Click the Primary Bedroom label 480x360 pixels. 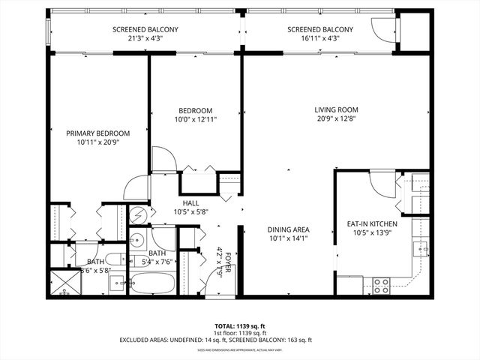coord(99,133)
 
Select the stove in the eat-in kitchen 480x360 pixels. coord(381,284)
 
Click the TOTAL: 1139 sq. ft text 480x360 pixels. coord(239,327)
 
